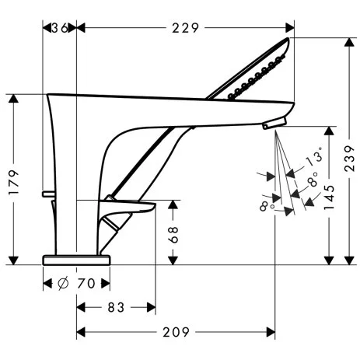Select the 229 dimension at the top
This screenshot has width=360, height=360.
(x=186, y=28)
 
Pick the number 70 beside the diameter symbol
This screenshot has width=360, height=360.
(x=86, y=284)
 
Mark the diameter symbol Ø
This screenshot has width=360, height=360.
(x=62, y=284)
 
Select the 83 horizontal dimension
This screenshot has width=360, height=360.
(x=115, y=308)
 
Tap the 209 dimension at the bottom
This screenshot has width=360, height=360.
(x=177, y=333)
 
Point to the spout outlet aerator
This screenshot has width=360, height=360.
(x=272, y=124)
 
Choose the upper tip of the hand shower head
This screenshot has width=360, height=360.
(x=293, y=41)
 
